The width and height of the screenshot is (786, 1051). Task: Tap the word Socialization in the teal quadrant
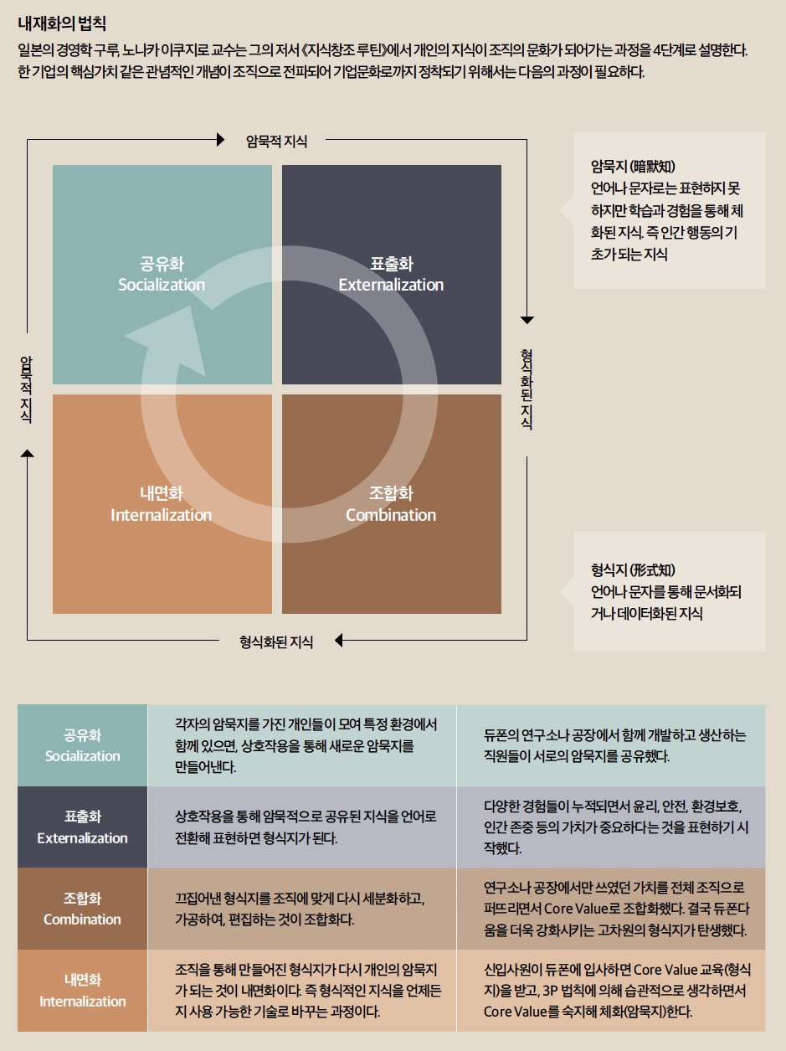tap(162, 285)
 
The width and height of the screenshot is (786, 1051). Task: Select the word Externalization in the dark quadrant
tap(391, 285)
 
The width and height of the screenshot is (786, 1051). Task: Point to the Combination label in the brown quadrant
tap(391, 515)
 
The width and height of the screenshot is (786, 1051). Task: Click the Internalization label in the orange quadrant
tap(162, 515)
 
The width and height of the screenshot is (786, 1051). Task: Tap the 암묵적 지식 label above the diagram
tap(276, 142)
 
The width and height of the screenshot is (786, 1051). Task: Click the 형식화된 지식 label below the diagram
tap(276, 642)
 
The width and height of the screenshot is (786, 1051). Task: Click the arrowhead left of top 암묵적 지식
tap(221, 139)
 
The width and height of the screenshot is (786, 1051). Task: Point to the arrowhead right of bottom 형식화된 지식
tap(339, 642)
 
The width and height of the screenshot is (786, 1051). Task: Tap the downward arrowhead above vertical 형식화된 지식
tap(527, 319)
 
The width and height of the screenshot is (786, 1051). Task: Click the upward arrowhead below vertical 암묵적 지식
tap(28, 453)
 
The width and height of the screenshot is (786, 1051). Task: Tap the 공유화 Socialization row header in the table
tap(82, 745)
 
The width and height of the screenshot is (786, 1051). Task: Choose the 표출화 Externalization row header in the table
tap(82, 827)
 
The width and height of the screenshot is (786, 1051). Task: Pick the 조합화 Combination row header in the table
tap(82, 909)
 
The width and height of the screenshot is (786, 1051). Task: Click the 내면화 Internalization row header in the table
tap(82, 990)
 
